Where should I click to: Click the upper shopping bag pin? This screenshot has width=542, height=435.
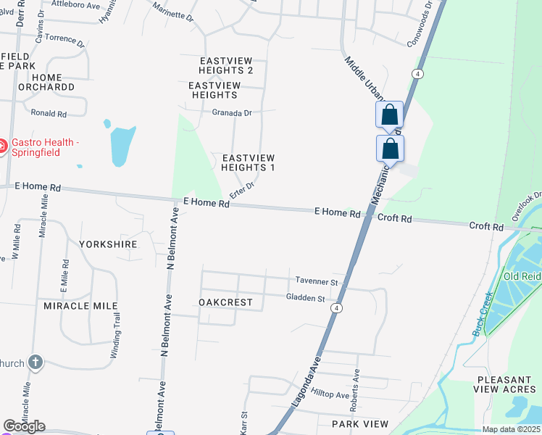(x=389, y=115)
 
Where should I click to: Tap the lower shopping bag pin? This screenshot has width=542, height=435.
(x=390, y=149)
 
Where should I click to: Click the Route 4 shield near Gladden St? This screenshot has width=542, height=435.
(x=337, y=308)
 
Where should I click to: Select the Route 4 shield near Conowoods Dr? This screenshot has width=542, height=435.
(x=417, y=74)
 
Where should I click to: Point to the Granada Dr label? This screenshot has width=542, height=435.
(x=232, y=113)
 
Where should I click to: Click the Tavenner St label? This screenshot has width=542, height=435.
(x=317, y=281)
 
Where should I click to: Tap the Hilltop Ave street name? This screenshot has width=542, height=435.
(x=330, y=394)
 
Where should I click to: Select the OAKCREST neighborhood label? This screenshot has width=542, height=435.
(x=225, y=302)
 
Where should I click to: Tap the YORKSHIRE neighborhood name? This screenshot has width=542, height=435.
(x=108, y=244)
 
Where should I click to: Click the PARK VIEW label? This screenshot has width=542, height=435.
(x=360, y=423)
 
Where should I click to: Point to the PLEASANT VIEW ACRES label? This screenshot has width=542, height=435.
(x=507, y=384)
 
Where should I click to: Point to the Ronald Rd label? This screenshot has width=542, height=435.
(x=49, y=114)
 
